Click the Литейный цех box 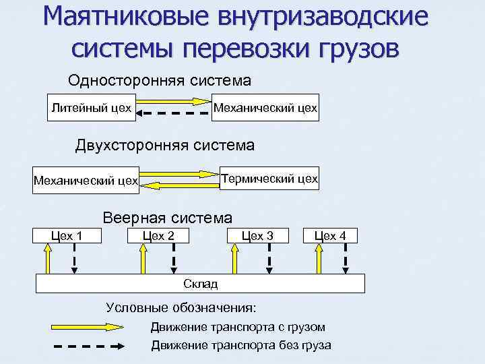[91, 108]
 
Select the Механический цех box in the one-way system [265, 108]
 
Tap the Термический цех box [269, 179]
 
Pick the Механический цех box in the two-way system [86, 181]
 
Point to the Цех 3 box [257, 236]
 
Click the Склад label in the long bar [200, 284]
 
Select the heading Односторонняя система [160, 81]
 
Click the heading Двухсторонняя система [164, 145]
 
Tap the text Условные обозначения [181, 308]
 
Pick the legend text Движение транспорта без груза [240, 346]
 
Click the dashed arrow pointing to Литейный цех [172, 114]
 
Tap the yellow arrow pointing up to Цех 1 [47, 259]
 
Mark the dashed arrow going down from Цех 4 [346, 259]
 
